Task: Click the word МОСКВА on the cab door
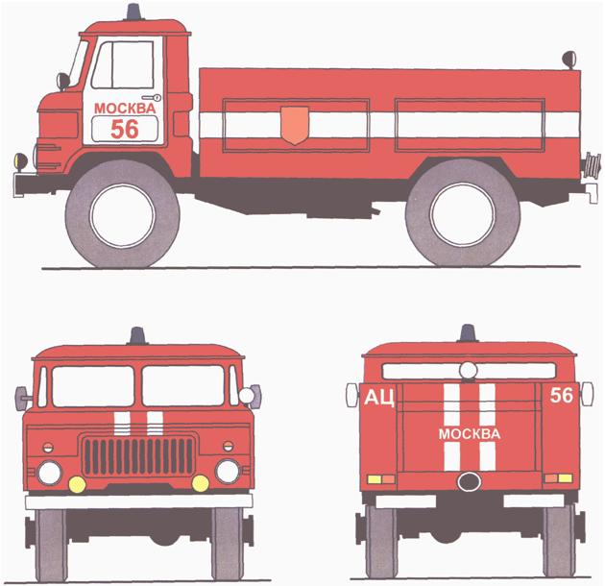[125, 109]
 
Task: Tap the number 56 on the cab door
[124, 129]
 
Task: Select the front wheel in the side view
[122, 214]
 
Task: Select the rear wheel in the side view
[463, 213]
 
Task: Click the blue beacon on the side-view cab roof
[133, 12]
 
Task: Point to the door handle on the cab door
[152, 98]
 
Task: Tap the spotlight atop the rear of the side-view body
[569, 60]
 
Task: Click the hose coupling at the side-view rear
[592, 164]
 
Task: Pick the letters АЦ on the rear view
[379, 398]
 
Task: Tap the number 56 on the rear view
[562, 395]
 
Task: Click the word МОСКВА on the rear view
[470, 434]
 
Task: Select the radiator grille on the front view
[139, 456]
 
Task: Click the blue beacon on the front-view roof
[137, 336]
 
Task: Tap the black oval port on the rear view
[470, 481]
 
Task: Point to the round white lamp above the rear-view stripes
[469, 371]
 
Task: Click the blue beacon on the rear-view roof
[468, 333]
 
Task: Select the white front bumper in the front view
[139, 501]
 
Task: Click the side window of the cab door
[123, 65]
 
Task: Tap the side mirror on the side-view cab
[62, 82]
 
